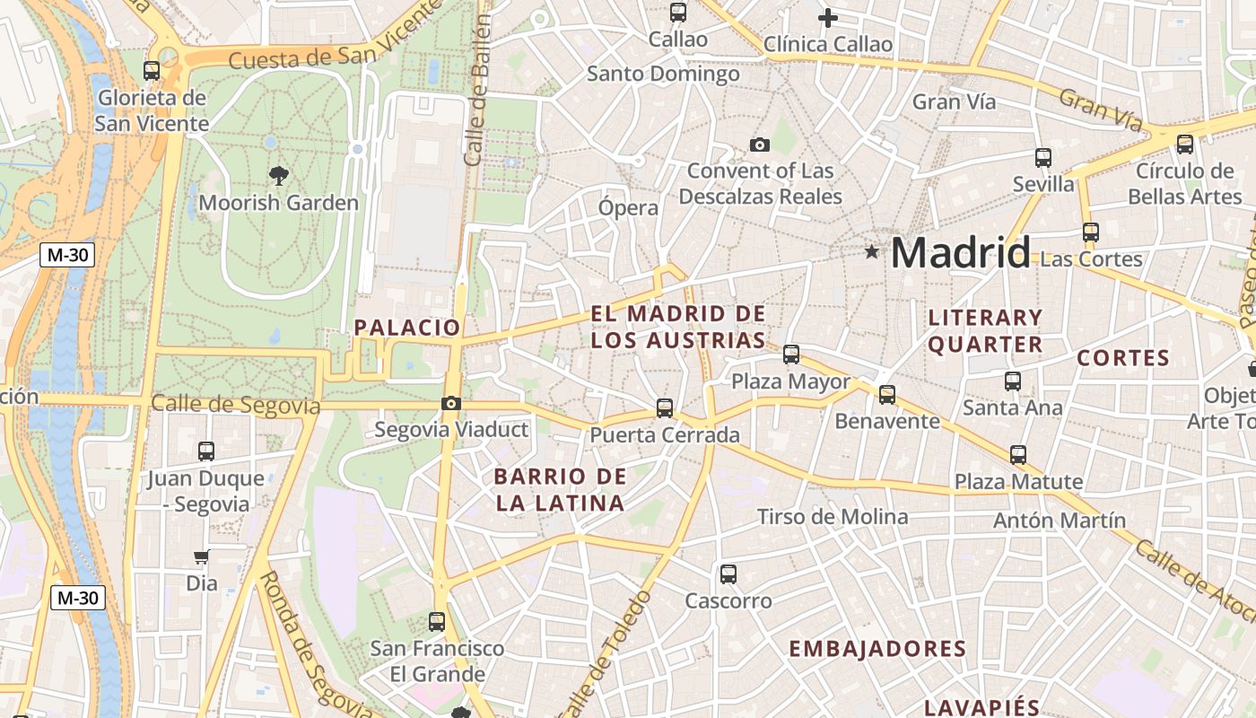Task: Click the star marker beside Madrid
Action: click(x=871, y=252)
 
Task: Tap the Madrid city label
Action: click(x=960, y=252)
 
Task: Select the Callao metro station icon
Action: click(x=678, y=13)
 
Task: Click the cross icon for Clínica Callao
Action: click(x=828, y=17)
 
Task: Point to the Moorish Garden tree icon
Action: click(x=279, y=176)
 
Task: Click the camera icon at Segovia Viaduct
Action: click(x=451, y=404)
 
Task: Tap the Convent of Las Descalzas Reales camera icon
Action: click(x=760, y=145)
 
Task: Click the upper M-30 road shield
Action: click(x=68, y=255)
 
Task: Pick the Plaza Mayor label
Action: click(x=790, y=381)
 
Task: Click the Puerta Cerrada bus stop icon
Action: click(x=665, y=408)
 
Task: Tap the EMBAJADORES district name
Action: click(x=877, y=649)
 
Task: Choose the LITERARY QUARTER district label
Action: click(x=985, y=330)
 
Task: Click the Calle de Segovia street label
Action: click(x=235, y=405)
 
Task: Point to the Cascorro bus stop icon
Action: click(x=728, y=574)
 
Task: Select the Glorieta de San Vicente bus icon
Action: click(x=152, y=70)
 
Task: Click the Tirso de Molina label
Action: click(x=833, y=517)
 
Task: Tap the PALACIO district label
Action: click(x=407, y=328)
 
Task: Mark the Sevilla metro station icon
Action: click(x=1043, y=158)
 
